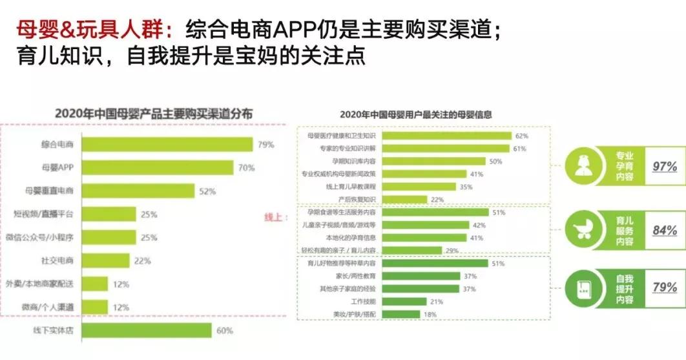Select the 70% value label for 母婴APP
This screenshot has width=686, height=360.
pyautogui.click(x=246, y=168)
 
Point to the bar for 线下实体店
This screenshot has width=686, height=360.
pyautogui.click(x=147, y=330)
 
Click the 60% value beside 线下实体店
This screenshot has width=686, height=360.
pyautogui.click(x=224, y=331)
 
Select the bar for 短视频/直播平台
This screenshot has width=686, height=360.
pyautogui.click(x=110, y=214)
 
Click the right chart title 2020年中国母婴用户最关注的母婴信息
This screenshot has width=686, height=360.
pyautogui.click(x=415, y=115)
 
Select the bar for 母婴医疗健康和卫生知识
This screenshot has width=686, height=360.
pyautogui.click(x=446, y=136)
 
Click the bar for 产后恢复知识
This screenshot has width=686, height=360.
pyautogui.click(x=404, y=199)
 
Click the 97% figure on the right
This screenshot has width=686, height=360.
pyautogui.click(x=664, y=166)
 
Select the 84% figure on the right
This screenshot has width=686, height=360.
pyautogui.click(x=664, y=229)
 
